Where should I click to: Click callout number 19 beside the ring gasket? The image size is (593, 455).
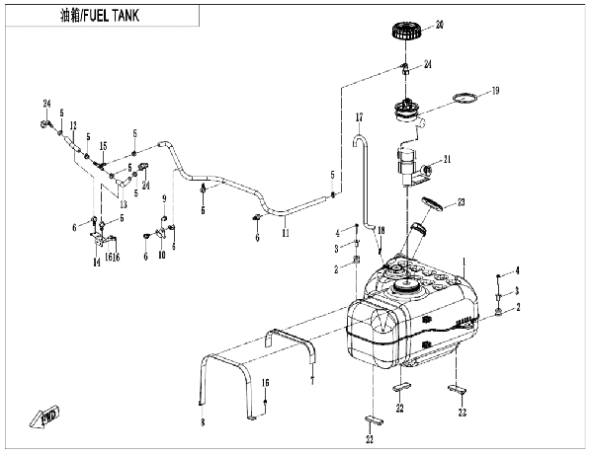[495, 91]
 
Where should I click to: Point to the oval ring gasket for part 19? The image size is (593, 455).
[465, 98]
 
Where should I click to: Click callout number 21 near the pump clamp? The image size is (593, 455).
[448, 160]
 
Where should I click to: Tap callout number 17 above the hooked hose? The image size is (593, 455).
[359, 117]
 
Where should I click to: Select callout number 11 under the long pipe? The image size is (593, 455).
[286, 233]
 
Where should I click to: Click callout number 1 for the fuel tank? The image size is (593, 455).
[465, 262]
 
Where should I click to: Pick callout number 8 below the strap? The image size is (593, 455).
[203, 422]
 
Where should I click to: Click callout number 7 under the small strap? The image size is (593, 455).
[312, 381]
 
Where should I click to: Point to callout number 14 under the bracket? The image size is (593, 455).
[97, 262]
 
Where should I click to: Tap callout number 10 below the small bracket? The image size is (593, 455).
[162, 256]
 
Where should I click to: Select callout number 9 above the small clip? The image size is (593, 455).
[164, 198]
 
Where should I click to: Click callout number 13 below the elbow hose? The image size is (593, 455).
[124, 204]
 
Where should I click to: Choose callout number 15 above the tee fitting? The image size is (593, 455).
[103, 146]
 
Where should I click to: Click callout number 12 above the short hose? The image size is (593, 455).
[73, 125]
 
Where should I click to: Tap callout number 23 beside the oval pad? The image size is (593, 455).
[461, 202]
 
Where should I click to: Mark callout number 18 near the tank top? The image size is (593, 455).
[381, 230]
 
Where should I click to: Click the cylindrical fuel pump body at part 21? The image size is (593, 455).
[406, 165]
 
